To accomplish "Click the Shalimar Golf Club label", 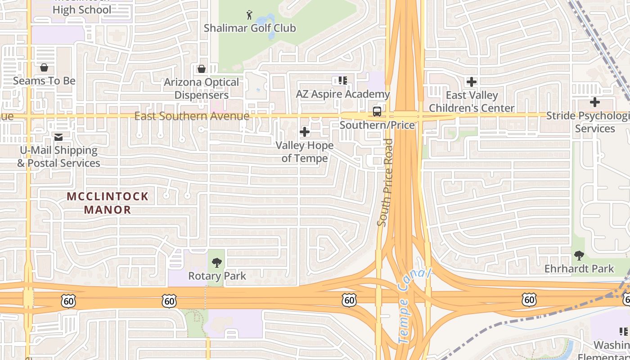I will tap(250, 28).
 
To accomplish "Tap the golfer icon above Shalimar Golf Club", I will tap(249, 15).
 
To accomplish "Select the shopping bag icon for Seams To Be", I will tap(44, 68).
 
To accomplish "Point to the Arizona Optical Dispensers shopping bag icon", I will tap(202, 69).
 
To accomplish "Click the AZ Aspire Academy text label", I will tap(342, 94).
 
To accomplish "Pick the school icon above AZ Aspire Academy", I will tap(343, 81).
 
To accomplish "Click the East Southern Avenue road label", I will tap(192, 116).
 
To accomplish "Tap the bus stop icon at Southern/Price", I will tap(377, 112).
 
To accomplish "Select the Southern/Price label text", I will tap(377, 125).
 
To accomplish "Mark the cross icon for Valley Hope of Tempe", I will tap(305, 132).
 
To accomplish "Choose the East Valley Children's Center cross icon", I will tap(472, 82).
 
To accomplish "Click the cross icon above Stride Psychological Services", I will tap(595, 102).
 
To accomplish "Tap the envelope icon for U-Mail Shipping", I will tap(58, 137).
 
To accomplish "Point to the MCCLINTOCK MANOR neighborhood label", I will tap(108, 203).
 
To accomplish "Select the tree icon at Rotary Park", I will tap(217, 262).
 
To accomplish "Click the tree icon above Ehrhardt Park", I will tap(579, 256).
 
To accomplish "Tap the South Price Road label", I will tap(386, 182).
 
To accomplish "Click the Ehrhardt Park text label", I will tap(579, 269).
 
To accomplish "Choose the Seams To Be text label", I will tap(44, 81).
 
